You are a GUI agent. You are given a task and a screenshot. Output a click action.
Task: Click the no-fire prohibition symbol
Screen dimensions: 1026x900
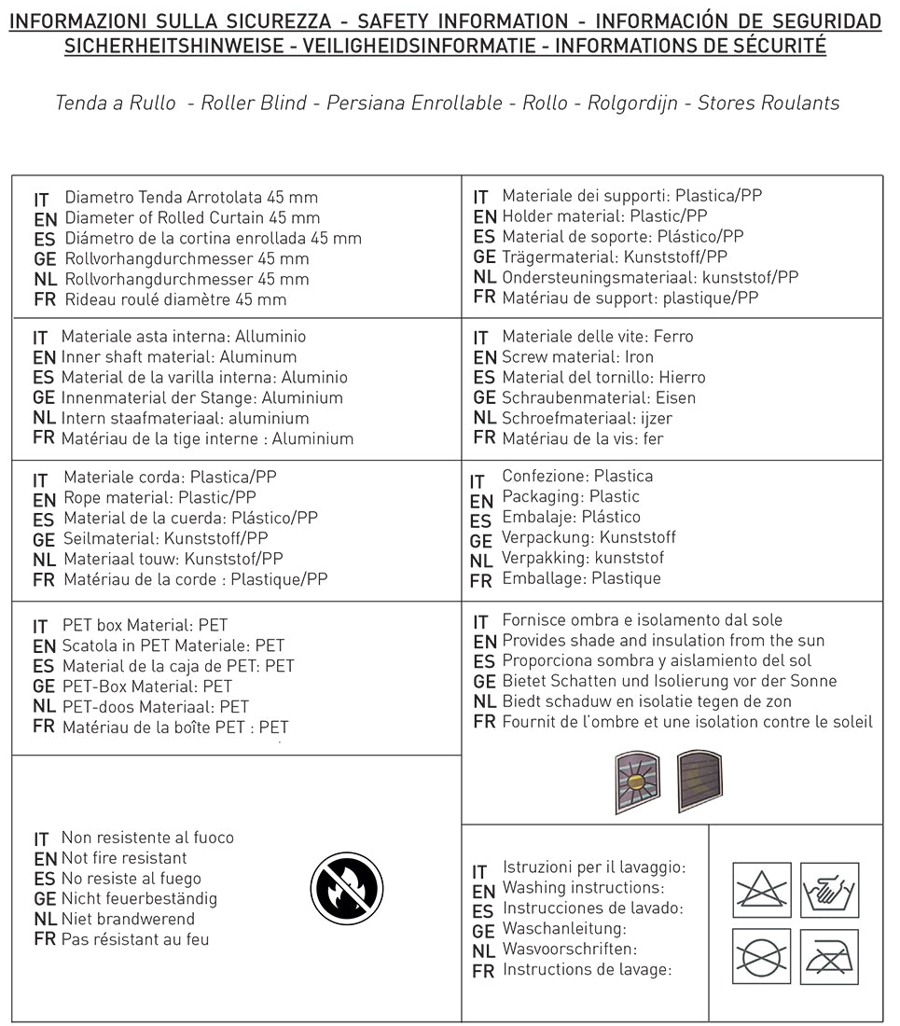[x=346, y=890]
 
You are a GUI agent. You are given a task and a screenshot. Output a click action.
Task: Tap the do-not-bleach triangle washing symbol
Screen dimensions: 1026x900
[x=761, y=890]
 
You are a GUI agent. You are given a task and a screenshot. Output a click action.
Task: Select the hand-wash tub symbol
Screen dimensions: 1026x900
[x=829, y=890]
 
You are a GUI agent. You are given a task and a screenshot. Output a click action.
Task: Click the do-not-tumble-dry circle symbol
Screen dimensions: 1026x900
[x=761, y=956]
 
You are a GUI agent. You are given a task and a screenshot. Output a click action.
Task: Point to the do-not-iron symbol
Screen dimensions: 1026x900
[x=829, y=956]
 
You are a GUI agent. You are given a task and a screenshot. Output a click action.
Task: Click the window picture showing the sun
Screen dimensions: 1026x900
[x=638, y=782]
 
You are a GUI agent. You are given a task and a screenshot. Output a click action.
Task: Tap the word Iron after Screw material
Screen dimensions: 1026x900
[x=641, y=357]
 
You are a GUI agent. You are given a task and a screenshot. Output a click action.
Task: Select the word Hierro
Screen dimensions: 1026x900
[x=682, y=378]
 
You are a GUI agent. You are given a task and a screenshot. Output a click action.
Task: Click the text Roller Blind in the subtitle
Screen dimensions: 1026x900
[x=254, y=103]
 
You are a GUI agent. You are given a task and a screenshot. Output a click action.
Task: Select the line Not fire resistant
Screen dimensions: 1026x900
[x=124, y=858]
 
